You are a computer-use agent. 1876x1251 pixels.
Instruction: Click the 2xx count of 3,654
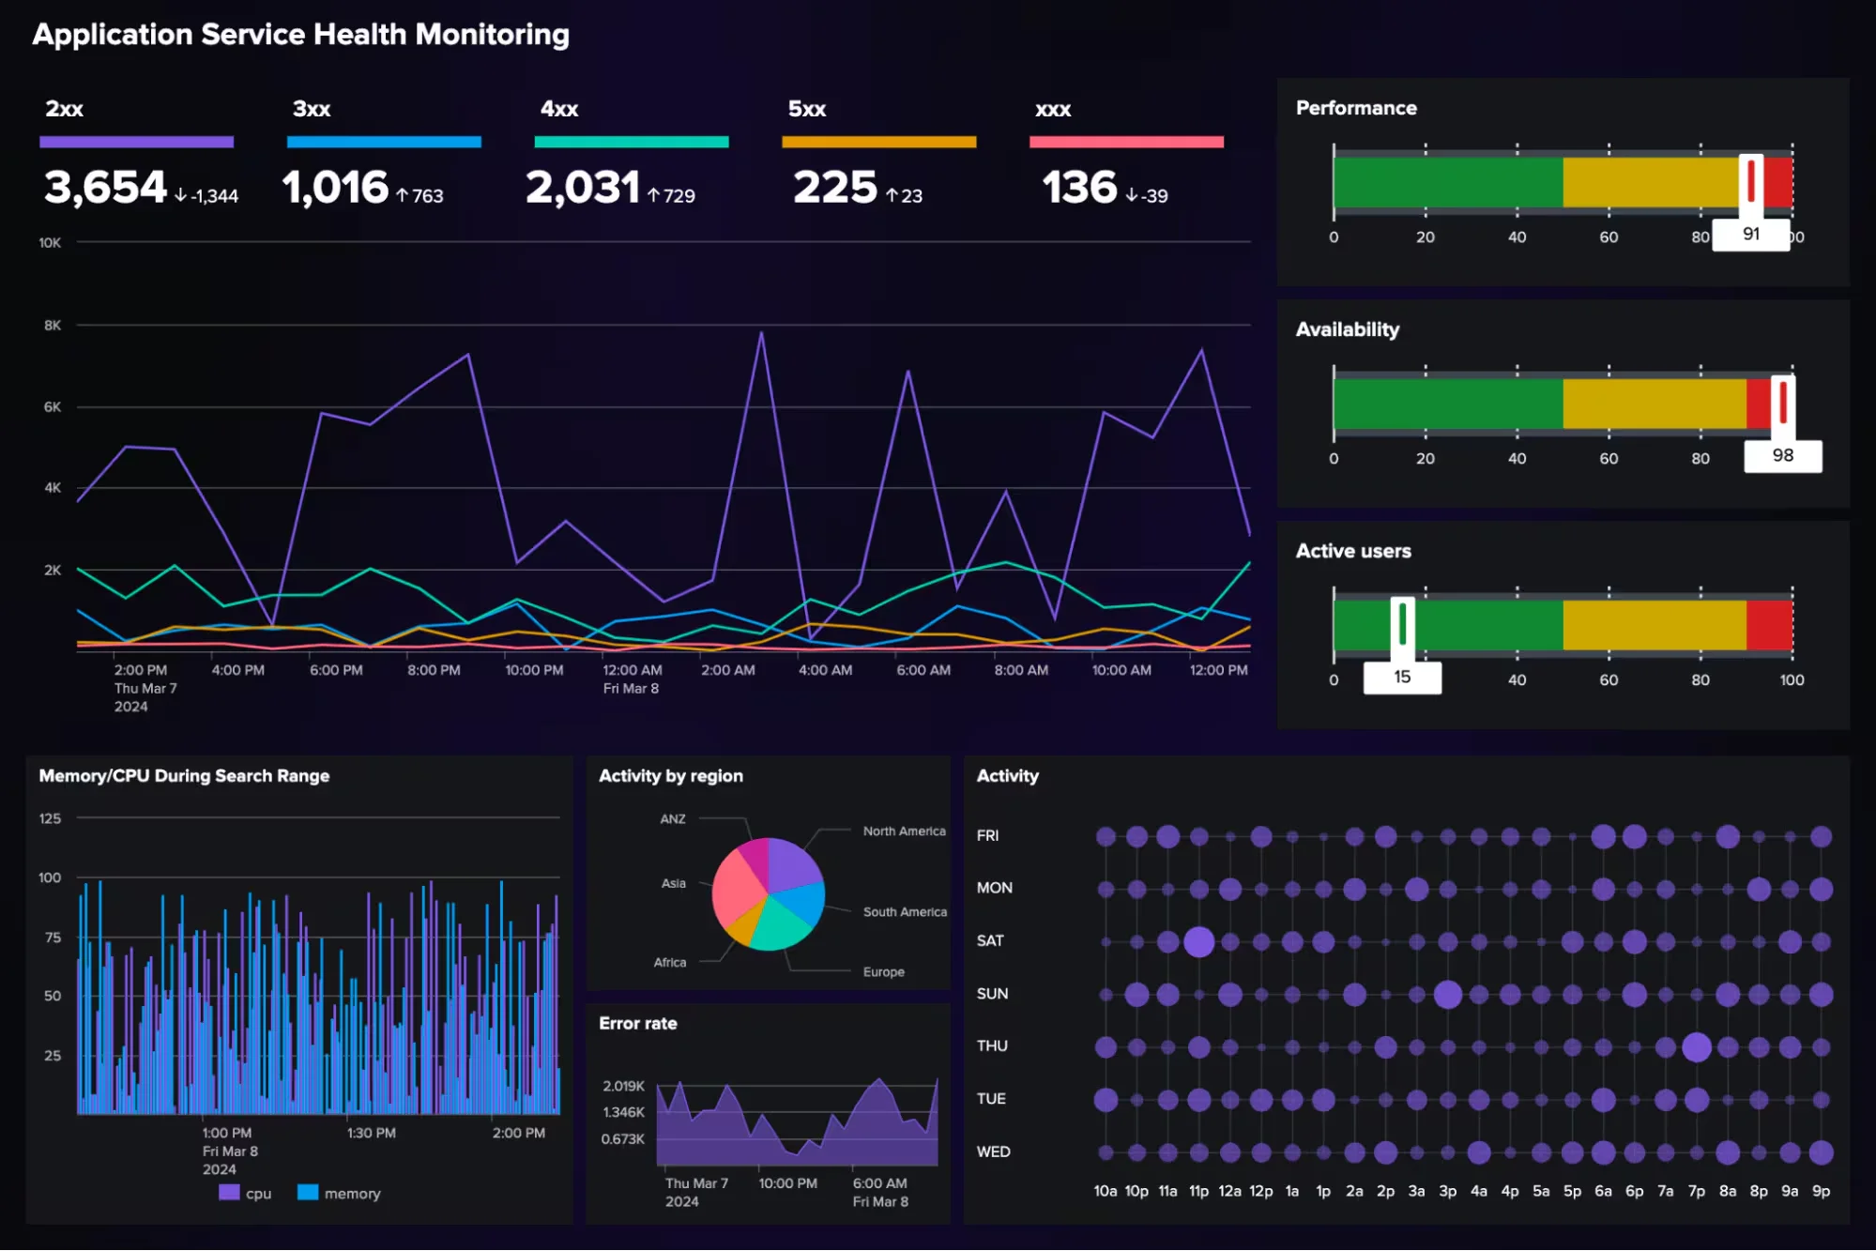coord(105,188)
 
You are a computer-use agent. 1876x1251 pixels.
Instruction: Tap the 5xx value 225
coord(834,188)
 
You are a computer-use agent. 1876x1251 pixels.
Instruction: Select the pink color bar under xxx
coord(1125,142)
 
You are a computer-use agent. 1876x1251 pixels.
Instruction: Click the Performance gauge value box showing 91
coord(1750,234)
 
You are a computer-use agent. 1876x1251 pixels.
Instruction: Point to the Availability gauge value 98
coord(1782,455)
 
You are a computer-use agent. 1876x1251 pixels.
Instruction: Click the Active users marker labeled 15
coord(1402,677)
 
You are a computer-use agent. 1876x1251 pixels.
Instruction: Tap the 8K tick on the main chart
coord(53,325)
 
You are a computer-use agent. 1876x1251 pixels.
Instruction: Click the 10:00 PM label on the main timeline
coord(534,670)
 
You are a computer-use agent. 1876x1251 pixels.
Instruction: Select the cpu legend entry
coord(246,1193)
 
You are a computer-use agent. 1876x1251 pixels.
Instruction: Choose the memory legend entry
coord(340,1193)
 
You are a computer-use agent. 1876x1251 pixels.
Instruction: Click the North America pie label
coord(904,831)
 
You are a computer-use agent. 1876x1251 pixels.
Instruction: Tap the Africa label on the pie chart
coord(669,962)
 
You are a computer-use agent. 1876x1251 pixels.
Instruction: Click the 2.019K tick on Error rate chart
coord(623,1086)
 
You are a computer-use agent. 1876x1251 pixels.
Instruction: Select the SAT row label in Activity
coord(990,940)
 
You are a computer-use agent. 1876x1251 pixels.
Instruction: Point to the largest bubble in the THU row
coord(1696,1046)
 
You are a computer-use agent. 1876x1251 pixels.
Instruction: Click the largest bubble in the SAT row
coord(1198,941)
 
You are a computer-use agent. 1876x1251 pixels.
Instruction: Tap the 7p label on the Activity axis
coord(1696,1191)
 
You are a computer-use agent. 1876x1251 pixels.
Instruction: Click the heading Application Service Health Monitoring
coord(300,35)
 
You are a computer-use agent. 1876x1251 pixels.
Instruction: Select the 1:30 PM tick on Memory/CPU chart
coord(372,1133)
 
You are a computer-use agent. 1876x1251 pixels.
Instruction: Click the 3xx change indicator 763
coord(419,195)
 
